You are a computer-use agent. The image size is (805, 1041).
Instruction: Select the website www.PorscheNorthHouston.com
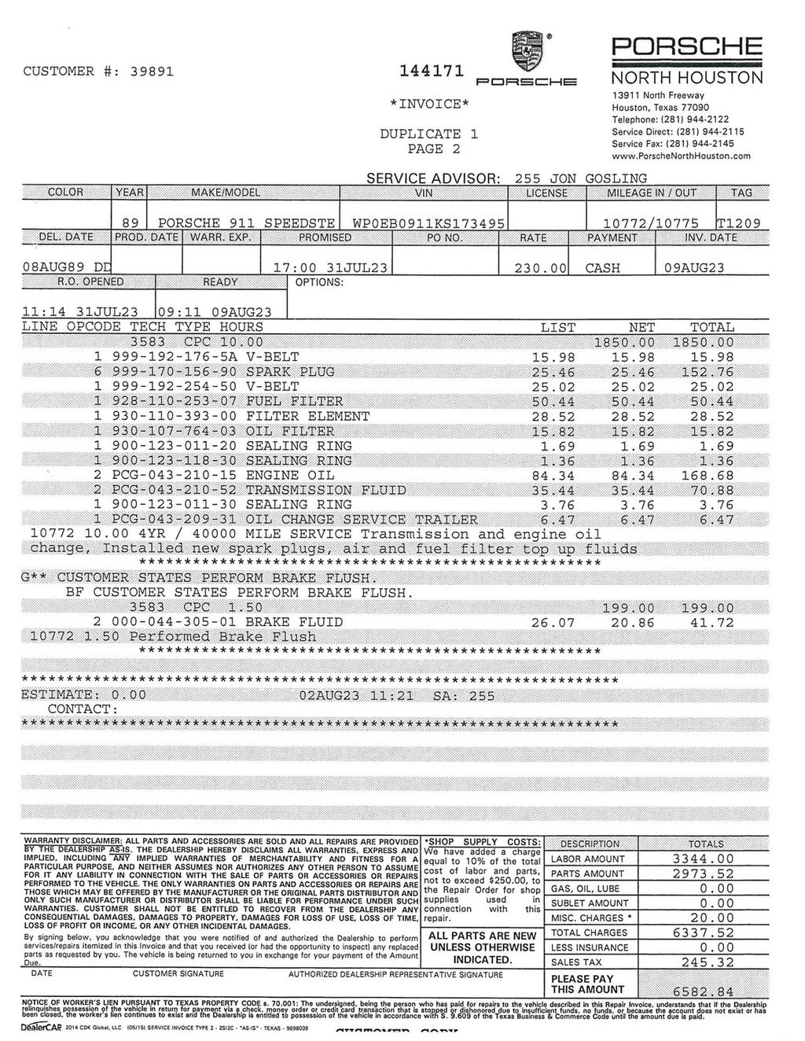pyautogui.click(x=681, y=156)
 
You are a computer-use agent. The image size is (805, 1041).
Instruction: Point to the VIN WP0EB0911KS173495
pyautogui.click(x=428, y=223)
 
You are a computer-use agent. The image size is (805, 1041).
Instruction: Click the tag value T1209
pyautogui.click(x=738, y=223)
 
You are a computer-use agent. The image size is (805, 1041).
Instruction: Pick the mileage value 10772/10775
pyautogui.click(x=650, y=223)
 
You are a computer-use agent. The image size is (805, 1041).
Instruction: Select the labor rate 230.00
pyautogui.click(x=540, y=268)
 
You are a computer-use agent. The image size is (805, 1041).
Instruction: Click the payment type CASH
pyautogui.click(x=602, y=268)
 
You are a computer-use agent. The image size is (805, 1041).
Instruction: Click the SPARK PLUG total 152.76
pyautogui.click(x=711, y=372)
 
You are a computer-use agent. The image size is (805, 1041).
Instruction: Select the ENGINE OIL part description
pyautogui.click(x=289, y=476)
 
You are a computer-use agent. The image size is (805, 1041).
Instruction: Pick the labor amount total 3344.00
pyautogui.click(x=704, y=859)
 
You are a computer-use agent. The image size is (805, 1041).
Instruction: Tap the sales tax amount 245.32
pyautogui.click(x=704, y=962)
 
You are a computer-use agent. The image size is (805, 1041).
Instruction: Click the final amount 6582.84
pyautogui.click(x=704, y=991)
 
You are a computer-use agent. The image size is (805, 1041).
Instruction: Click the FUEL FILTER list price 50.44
pyautogui.click(x=554, y=402)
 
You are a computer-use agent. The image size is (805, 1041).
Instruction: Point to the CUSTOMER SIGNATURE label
pyautogui.click(x=178, y=974)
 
